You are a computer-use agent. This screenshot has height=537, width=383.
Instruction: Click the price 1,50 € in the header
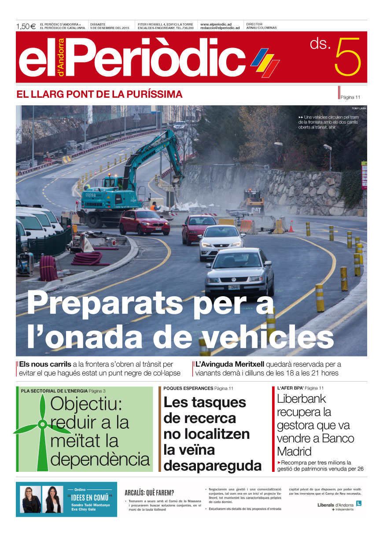coord(26,26)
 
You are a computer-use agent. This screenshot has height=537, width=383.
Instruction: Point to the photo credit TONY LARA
coord(359,108)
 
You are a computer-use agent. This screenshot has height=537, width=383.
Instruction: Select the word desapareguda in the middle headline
coord(212,465)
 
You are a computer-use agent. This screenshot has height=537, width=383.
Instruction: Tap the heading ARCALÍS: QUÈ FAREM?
coord(149,493)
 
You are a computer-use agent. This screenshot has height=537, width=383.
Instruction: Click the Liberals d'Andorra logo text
coord(335,504)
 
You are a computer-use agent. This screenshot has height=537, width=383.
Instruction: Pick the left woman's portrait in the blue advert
coord(30,499)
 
